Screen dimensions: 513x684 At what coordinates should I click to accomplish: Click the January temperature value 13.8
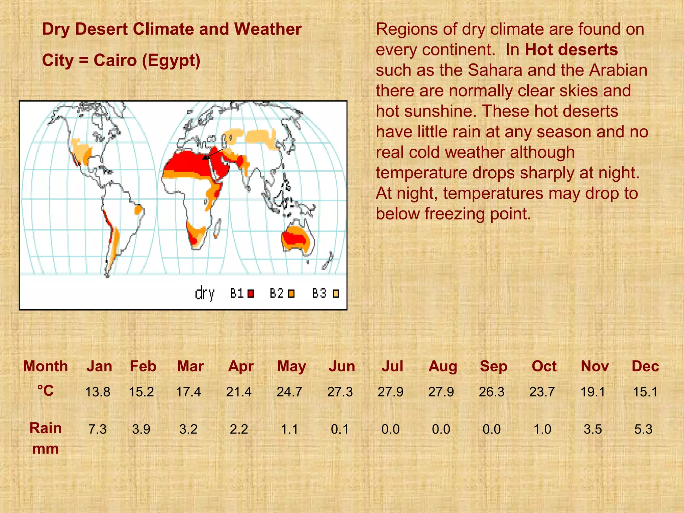tap(98, 392)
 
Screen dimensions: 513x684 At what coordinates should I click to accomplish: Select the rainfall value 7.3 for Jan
tap(98, 429)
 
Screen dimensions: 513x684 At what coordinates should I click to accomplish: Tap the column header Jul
tap(392, 366)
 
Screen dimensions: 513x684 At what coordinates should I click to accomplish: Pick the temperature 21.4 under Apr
tap(239, 392)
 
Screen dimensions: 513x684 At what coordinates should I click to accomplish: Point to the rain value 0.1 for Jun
tap(340, 429)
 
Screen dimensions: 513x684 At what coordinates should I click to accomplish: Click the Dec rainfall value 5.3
tap(643, 429)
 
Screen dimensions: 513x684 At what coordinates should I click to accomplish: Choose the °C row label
tap(45, 391)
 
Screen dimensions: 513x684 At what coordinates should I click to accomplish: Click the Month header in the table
tap(45, 366)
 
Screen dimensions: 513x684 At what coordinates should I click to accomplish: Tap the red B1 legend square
tap(251, 294)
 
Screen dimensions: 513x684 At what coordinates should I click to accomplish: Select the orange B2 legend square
tap(291, 294)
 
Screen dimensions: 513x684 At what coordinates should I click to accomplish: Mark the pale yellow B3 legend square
tap(336, 294)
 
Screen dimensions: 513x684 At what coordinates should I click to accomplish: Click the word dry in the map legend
tap(204, 294)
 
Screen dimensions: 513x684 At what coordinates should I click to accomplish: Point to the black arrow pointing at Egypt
tap(213, 154)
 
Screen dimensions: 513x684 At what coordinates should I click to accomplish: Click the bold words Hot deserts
tap(571, 50)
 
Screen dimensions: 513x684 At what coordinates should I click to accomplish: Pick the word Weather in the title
tap(268, 29)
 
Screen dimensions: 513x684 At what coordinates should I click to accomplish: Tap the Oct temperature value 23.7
tap(542, 392)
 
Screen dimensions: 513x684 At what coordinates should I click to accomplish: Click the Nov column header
tap(594, 366)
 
